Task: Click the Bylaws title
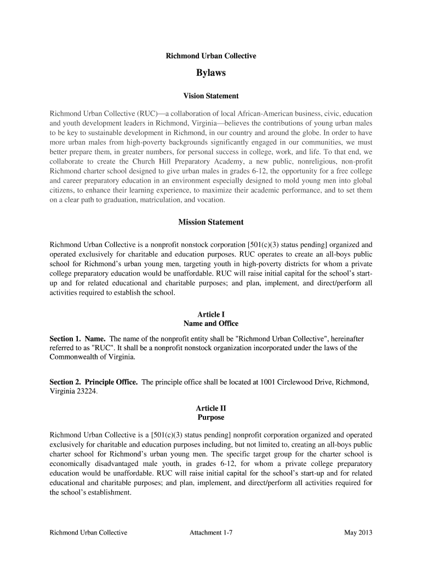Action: (x=211, y=73)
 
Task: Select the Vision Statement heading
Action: (x=211, y=96)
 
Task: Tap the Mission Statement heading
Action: (x=211, y=222)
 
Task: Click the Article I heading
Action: (x=211, y=314)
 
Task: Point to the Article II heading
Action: (x=211, y=408)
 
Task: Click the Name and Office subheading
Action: (x=211, y=324)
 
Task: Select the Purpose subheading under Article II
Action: (x=211, y=418)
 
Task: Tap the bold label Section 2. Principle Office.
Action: (x=94, y=382)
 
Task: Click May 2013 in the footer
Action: (x=358, y=533)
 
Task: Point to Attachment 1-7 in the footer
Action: (x=212, y=533)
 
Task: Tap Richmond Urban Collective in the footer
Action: (x=88, y=533)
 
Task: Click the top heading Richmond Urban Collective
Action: (x=211, y=56)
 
